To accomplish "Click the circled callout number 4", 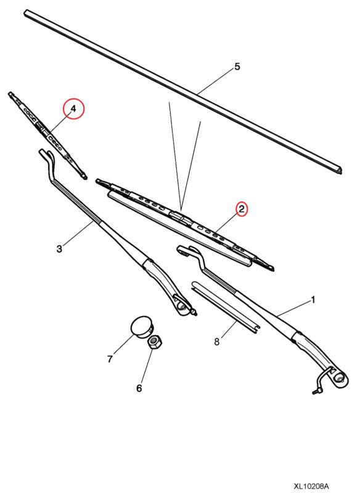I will point(74,109).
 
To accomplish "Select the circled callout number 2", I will point(242,210).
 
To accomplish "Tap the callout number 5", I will point(237,67).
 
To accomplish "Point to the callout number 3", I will point(59,249).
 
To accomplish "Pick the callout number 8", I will point(217,341).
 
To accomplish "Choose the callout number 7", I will point(110,359).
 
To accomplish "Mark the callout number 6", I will point(139,388).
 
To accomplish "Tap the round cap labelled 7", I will point(141,325).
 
